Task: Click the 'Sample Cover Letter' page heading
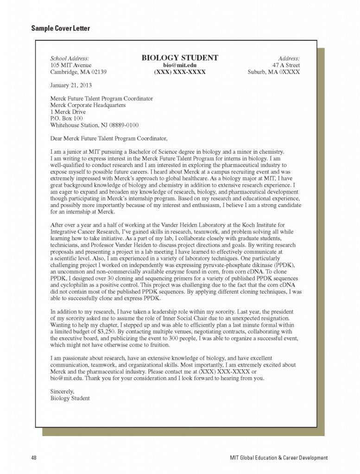(x=61, y=29)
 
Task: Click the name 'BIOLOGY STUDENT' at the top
(x=179, y=58)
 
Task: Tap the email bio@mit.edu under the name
(x=180, y=65)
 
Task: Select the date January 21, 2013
(x=71, y=85)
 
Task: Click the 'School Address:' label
(x=69, y=58)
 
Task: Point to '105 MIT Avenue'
(x=71, y=65)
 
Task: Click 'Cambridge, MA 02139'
(x=78, y=72)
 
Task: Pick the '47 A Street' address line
(x=286, y=65)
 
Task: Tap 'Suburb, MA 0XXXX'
(x=274, y=72)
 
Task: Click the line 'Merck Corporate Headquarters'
(x=88, y=105)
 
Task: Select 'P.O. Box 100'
(x=66, y=118)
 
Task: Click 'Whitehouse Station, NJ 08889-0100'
(x=94, y=125)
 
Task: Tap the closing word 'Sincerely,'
(x=63, y=391)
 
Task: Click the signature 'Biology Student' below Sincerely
(x=70, y=398)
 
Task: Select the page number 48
(x=34, y=458)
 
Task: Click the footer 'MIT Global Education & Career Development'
(x=278, y=458)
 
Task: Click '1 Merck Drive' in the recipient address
(x=68, y=112)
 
